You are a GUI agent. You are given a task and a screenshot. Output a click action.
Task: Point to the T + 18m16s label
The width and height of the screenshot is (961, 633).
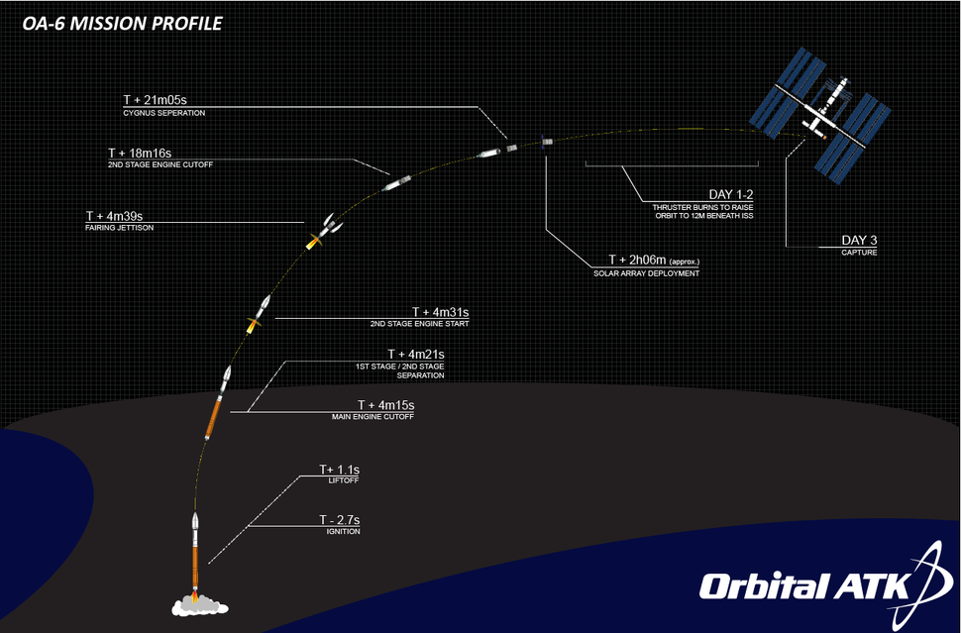click(x=140, y=154)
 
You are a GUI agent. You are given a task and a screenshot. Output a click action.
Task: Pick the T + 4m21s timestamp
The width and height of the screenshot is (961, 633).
click(x=415, y=354)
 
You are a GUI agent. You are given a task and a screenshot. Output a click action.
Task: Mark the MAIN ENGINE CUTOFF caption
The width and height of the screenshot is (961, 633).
click(x=372, y=417)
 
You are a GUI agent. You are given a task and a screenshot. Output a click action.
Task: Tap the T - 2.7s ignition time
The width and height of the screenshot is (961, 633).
click(x=338, y=519)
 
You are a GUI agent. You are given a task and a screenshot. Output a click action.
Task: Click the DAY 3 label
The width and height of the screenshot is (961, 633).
click(x=859, y=241)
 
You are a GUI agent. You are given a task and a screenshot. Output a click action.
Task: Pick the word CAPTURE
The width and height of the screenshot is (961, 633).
click(x=859, y=254)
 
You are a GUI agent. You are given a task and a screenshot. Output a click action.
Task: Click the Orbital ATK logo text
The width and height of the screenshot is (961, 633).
click(x=803, y=586)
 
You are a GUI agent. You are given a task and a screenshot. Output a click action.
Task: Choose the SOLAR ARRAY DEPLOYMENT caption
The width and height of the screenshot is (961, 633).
click(x=646, y=272)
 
